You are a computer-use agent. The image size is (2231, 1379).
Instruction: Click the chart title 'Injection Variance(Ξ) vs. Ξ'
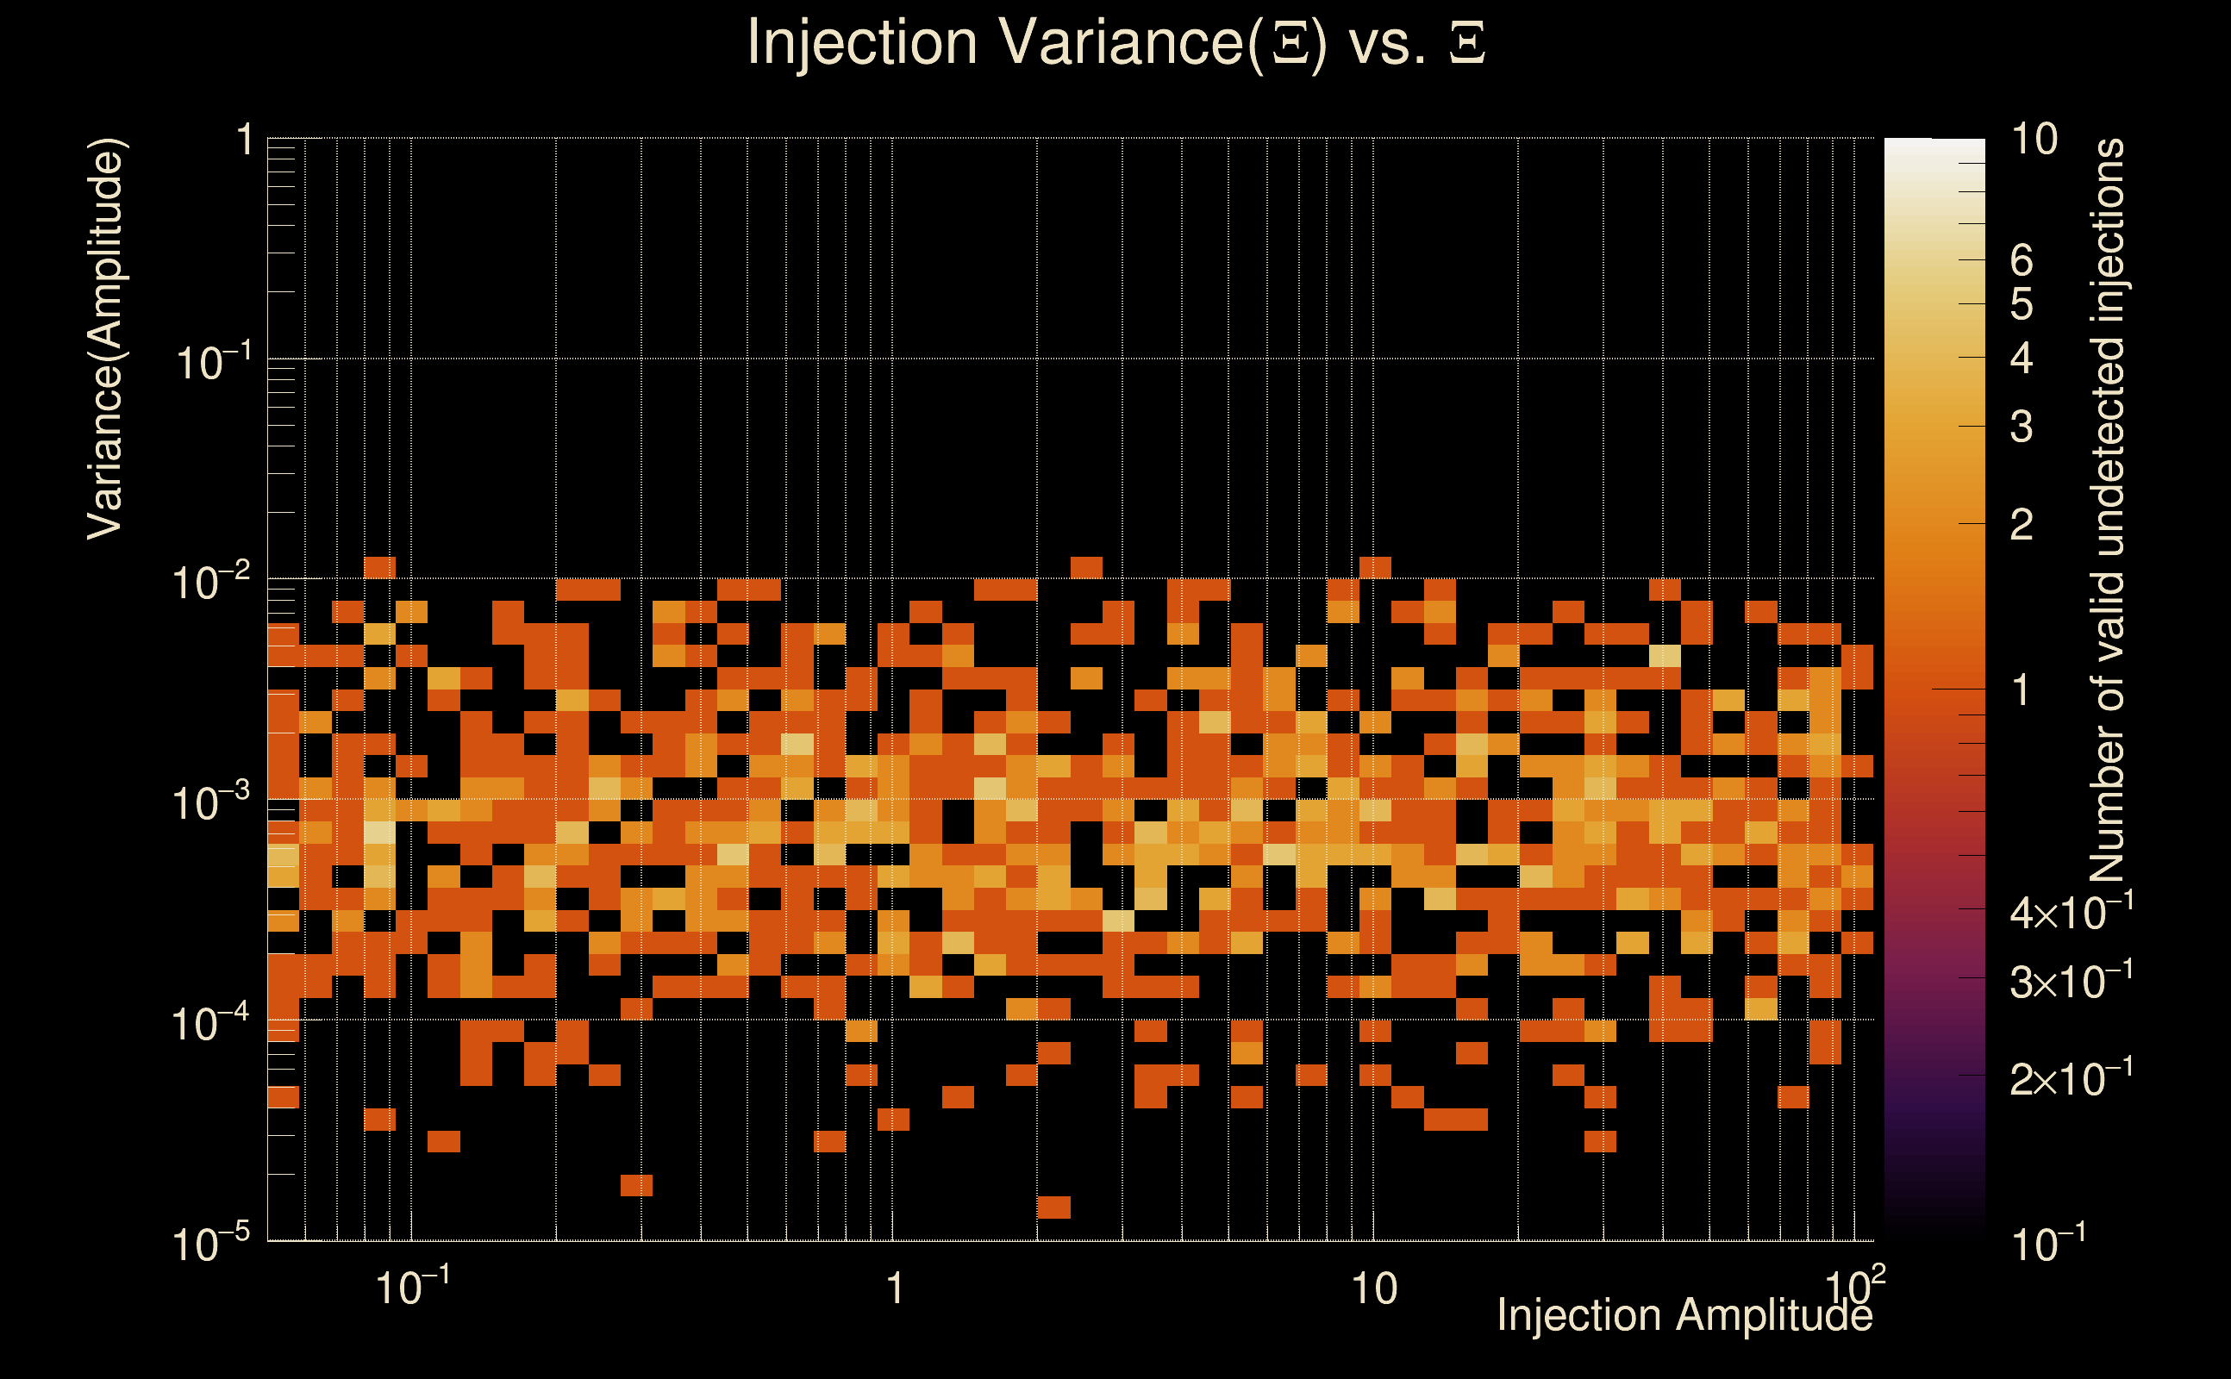(1115, 43)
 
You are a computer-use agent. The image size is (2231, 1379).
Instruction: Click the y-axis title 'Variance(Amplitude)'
(105, 339)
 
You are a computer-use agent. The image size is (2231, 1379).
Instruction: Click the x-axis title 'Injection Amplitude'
(1684, 1314)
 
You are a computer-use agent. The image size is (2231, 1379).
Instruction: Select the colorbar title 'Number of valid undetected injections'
(2107, 511)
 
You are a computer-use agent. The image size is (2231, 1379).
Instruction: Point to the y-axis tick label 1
(245, 141)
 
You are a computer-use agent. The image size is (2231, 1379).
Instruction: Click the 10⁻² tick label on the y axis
(210, 582)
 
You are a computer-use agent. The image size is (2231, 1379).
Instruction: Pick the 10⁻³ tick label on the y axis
(210, 802)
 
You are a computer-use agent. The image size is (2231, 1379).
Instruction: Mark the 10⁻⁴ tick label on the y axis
(210, 1023)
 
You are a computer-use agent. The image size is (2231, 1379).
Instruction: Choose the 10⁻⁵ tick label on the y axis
(210, 1243)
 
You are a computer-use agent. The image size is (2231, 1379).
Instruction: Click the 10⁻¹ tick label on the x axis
(412, 1287)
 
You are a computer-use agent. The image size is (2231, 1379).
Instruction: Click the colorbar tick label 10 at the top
(2034, 140)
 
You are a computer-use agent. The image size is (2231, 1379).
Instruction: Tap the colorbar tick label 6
(2022, 261)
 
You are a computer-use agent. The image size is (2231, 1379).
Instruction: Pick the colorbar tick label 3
(2022, 427)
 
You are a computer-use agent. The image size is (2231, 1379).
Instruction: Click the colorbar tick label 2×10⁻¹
(2071, 1078)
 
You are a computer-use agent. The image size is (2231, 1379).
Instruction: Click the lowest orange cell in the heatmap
(1053, 1207)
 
